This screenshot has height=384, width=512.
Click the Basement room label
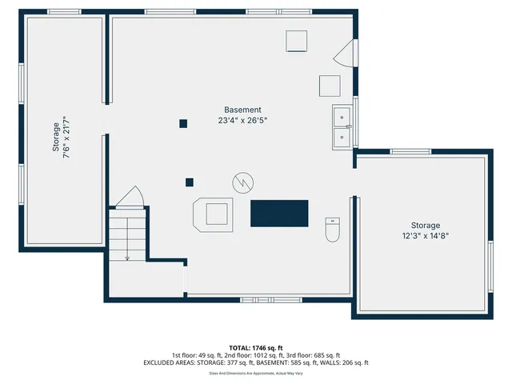tap(242, 110)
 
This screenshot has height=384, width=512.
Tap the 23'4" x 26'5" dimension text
tap(242, 121)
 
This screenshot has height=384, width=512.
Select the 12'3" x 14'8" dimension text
tap(426, 236)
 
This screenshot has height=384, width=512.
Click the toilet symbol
tap(333, 230)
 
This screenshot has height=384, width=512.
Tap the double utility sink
tap(342, 127)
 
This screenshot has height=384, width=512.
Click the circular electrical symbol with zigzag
tap(242, 182)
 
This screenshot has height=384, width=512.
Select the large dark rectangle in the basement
tap(279, 214)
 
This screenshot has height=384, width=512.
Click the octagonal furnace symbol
tap(214, 214)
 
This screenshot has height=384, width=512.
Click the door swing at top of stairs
tap(130, 196)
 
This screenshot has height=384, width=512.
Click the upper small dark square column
tap(183, 123)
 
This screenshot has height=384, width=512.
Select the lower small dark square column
tap(190, 182)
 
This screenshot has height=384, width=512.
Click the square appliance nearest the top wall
tap(297, 41)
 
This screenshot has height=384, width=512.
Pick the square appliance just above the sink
tap(330, 86)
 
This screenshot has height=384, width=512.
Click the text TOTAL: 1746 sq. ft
tap(255, 347)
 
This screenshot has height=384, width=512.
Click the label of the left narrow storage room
tap(56, 137)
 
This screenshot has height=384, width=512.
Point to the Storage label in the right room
tap(426, 226)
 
